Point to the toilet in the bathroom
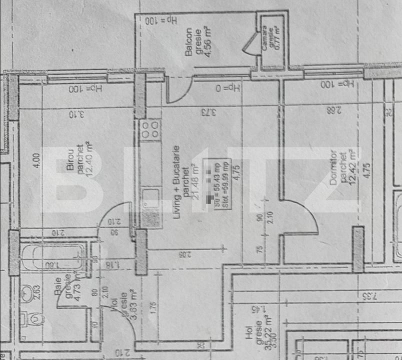(x=32, y=318)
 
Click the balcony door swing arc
(x=180, y=92)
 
